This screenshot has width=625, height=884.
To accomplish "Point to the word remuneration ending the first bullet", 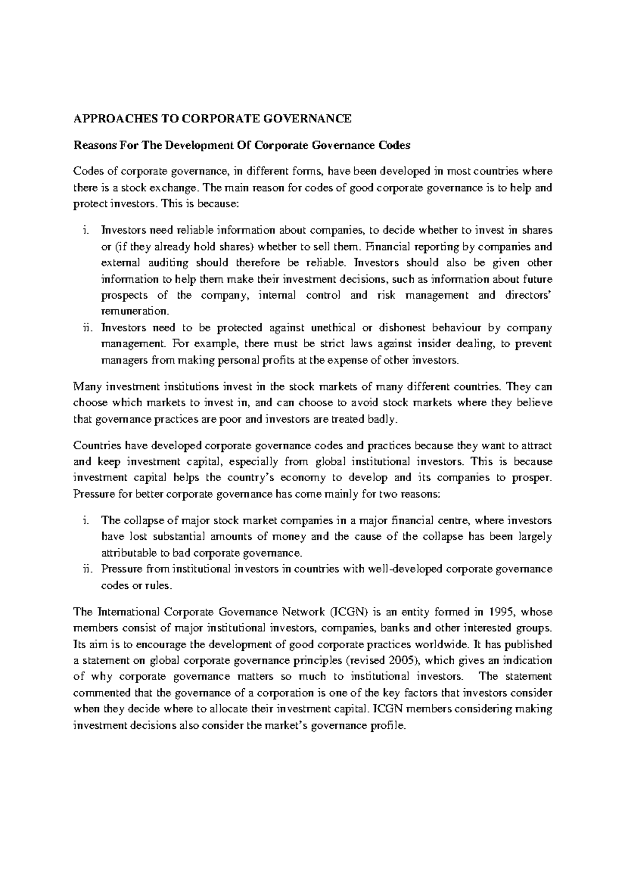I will [x=134, y=312].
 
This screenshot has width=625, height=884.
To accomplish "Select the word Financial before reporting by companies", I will [x=388, y=246].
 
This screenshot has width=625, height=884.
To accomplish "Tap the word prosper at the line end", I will [x=533, y=477].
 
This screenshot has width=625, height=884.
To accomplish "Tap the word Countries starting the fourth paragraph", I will [x=94, y=445].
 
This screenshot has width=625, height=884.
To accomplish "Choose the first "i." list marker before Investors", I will [x=86, y=230].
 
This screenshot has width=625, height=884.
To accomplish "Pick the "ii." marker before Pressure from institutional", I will [x=87, y=569].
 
